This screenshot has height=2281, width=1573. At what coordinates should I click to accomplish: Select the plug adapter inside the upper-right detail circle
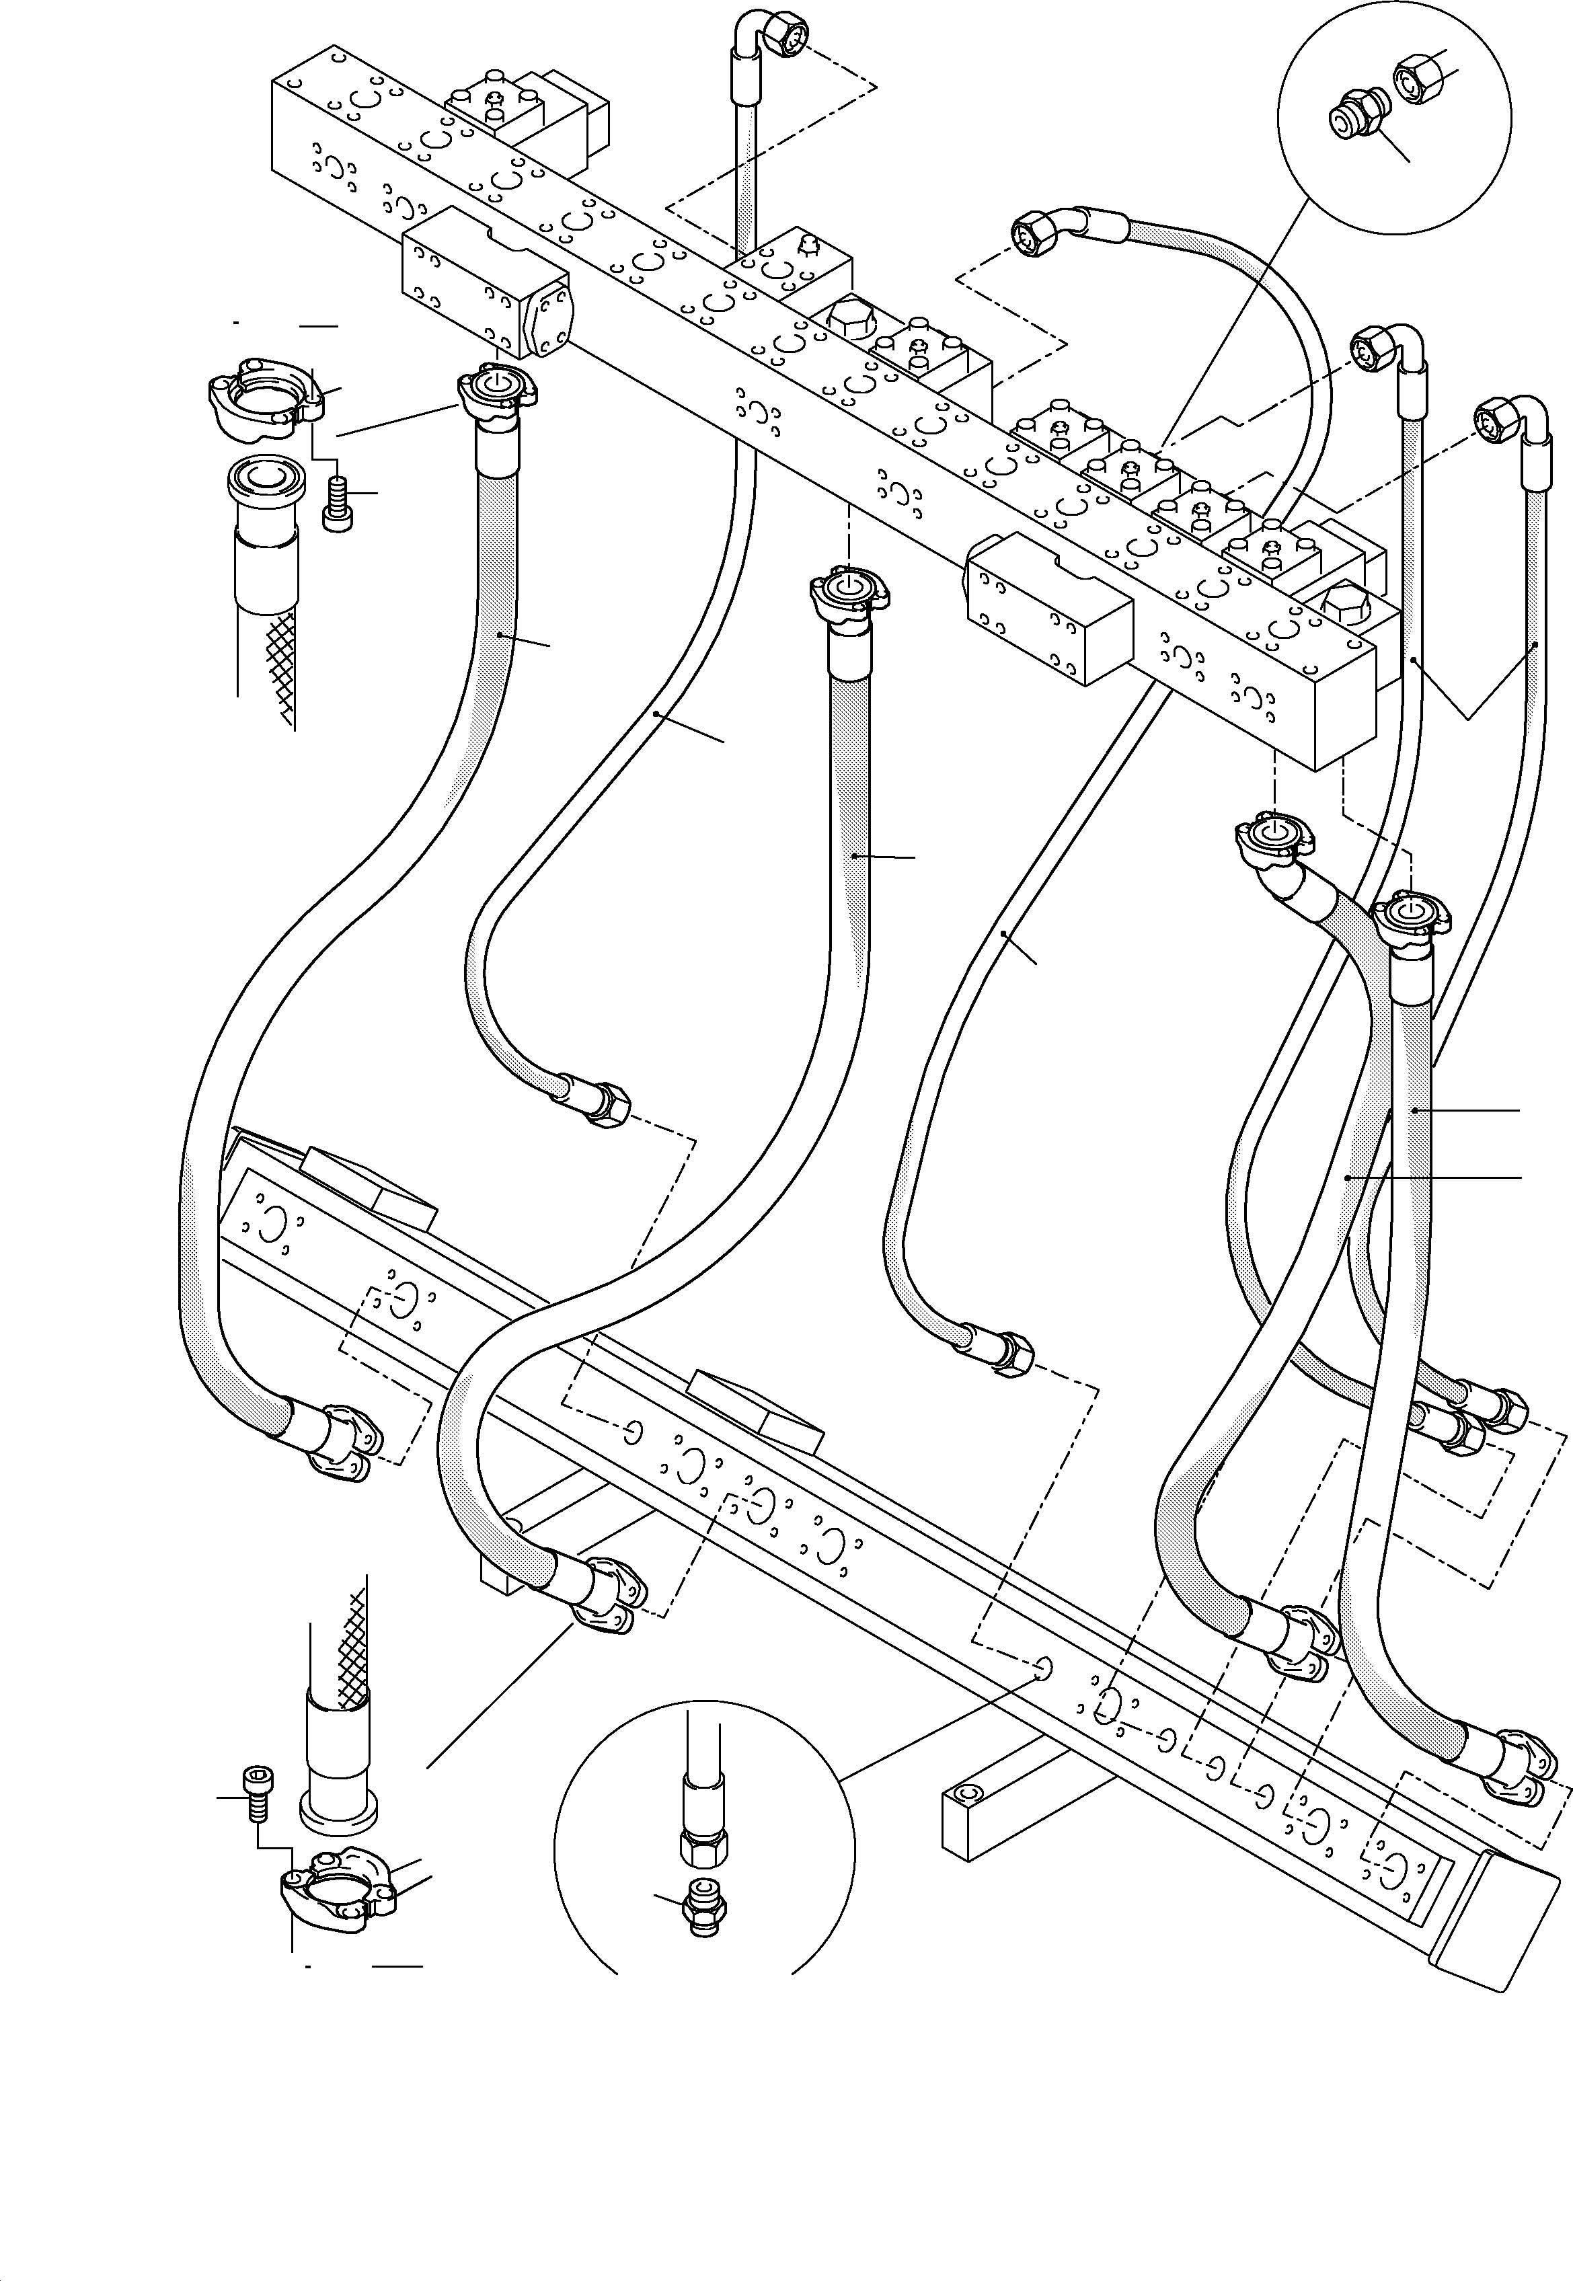[x=1353, y=116]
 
